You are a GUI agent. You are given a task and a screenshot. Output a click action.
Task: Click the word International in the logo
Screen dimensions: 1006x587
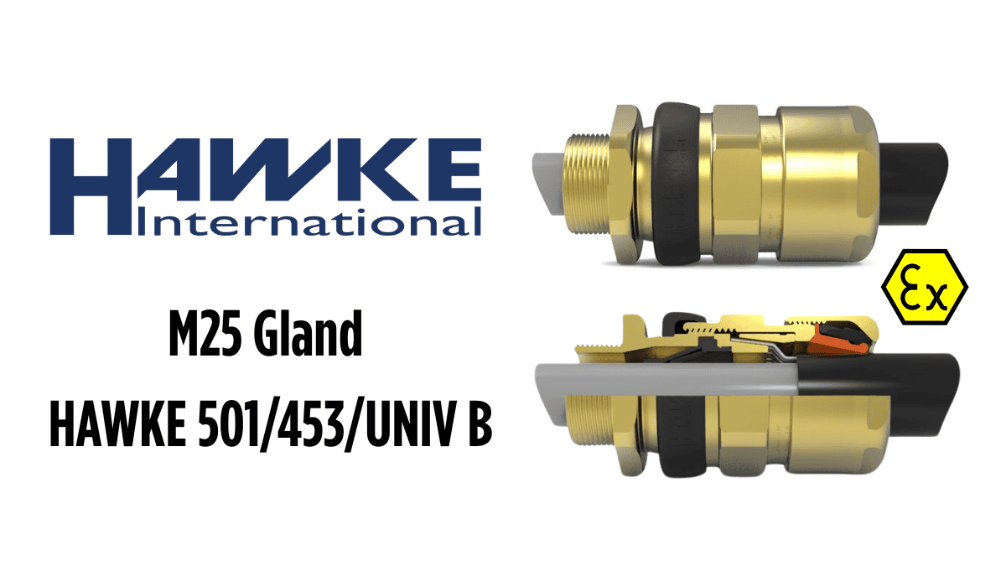309,221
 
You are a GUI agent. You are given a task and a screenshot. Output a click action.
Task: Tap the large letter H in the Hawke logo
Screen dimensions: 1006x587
91,186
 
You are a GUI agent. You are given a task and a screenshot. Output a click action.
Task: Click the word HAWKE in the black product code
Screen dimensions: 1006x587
117,424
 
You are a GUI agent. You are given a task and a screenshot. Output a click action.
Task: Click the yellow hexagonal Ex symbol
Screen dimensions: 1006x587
925,287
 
